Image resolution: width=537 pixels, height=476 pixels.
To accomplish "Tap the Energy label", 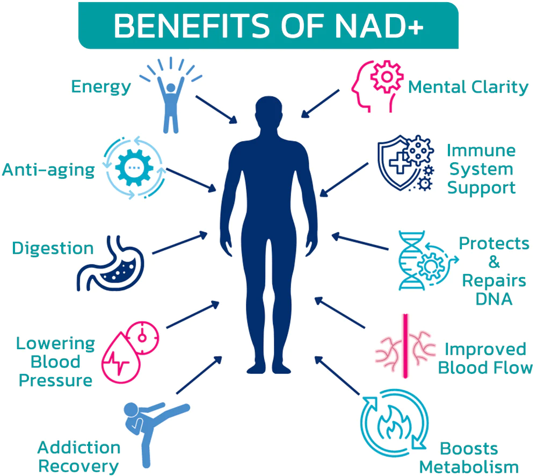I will [x=101, y=87].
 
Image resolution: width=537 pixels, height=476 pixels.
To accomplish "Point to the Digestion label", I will [x=53, y=248].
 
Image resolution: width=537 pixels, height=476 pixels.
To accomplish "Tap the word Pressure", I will [x=56, y=381].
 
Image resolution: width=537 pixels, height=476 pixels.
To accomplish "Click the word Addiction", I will [x=79, y=448].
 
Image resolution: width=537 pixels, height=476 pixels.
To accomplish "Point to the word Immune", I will [x=481, y=150].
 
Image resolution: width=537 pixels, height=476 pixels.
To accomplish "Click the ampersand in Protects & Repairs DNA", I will [x=494, y=262].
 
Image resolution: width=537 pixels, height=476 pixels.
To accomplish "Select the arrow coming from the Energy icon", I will [x=216, y=109].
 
